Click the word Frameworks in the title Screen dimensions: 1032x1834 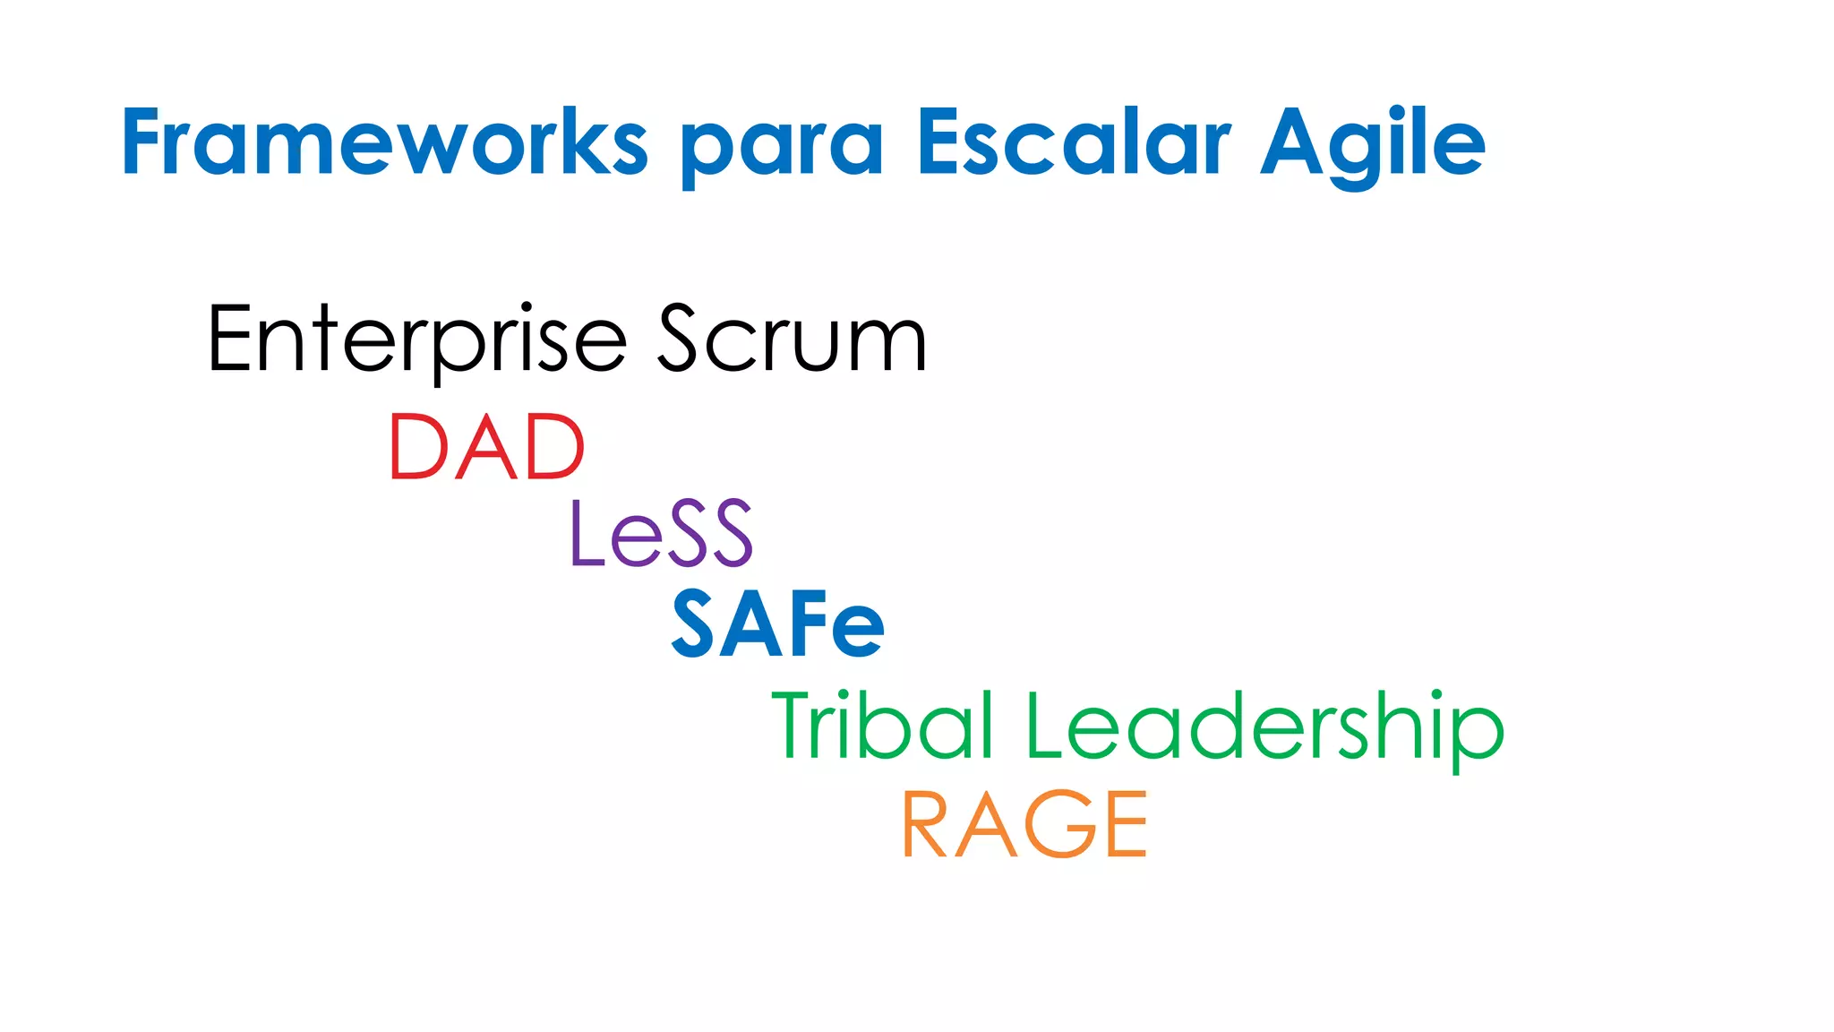pos(384,143)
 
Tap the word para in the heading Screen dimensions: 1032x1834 pos(783,148)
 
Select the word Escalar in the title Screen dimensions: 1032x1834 pos(1074,143)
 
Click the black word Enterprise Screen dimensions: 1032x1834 pos(417,340)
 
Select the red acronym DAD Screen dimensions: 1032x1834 pos(487,447)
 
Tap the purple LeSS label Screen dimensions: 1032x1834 pos(662,534)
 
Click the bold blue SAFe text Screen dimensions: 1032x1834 pos(778,624)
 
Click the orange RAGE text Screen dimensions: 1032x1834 pos(1024,824)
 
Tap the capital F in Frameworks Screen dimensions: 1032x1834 pos(144,142)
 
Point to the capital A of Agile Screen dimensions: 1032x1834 pos(1291,142)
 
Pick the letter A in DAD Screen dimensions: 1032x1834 pos(486,447)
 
